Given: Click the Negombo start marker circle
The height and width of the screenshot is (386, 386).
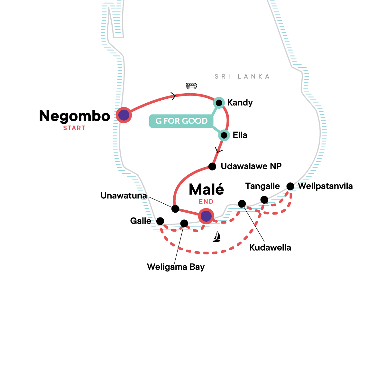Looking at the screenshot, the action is [124, 115].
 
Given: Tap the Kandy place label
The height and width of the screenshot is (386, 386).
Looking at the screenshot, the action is [240, 103].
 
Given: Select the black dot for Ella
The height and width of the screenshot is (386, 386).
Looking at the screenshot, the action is [224, 135].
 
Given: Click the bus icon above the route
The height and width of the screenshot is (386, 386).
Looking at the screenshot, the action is [191, 86].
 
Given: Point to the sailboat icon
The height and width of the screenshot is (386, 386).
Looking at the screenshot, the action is [217, 236].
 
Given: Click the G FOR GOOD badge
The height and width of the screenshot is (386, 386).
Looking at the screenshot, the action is [181, 121].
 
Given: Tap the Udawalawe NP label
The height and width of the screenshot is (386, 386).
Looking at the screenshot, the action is [251, 166].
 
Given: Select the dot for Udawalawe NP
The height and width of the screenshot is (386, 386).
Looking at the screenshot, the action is [212, 166].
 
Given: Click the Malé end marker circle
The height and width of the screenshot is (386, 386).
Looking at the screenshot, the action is [206, 216].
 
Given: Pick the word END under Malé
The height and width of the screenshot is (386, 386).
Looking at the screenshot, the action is [206, 201].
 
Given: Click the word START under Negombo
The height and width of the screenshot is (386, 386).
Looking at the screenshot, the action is [74, 128].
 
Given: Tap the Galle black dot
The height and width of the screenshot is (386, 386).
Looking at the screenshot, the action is [160, 221].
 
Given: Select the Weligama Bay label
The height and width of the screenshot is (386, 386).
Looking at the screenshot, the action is [176, 267].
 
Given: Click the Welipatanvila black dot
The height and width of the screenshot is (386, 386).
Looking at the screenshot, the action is [290, 186].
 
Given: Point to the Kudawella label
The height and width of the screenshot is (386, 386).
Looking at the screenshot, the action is [270, 248].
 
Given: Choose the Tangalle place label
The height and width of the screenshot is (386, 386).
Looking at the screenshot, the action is [262, 186].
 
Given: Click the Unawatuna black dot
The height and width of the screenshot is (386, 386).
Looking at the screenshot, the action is [175, 209].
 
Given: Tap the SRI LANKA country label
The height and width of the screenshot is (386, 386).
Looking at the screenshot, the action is [242, 77].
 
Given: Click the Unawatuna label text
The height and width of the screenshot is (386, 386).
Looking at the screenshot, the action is [124, 196].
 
